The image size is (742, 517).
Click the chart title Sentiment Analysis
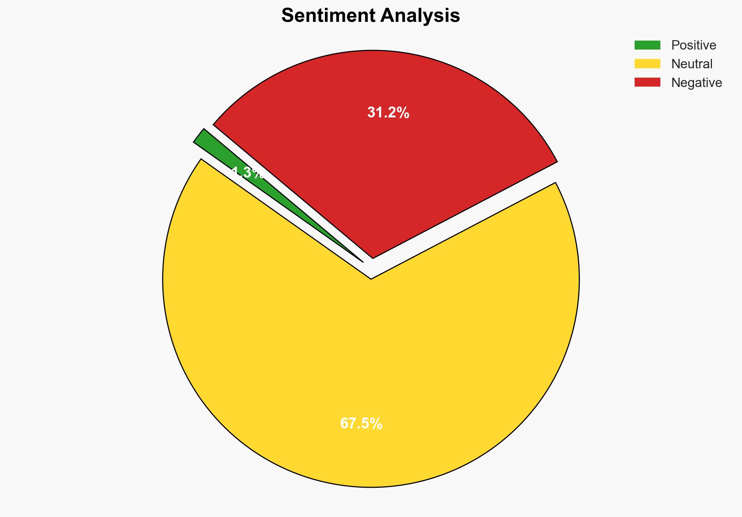tap(371, 16)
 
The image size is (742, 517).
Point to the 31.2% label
tap(388, 113)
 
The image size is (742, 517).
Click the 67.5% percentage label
tap(361, 424)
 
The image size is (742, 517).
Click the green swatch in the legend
tap(647, 45)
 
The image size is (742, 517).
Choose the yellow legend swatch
tap(647, 64)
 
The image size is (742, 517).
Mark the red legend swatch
tap(647, 82)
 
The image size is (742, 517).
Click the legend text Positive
tap(694, 45)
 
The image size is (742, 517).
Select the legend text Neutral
tap(692, 64)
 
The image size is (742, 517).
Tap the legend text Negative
tap(696, 83)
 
